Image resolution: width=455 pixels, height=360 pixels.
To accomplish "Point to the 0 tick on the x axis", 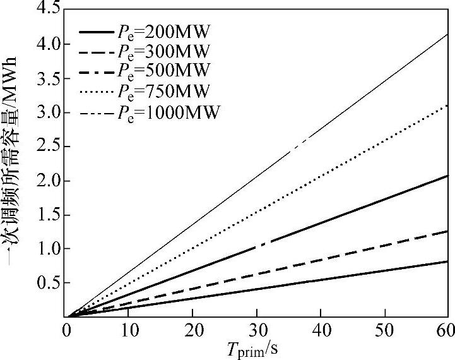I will pos(66,329).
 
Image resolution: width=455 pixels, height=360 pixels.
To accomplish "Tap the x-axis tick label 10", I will pos(129,329).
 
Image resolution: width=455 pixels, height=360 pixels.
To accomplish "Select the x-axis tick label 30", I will pos(256,329).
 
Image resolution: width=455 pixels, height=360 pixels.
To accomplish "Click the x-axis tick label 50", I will pos(384,329).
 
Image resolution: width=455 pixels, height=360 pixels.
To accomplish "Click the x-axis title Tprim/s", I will pos(256,348).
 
